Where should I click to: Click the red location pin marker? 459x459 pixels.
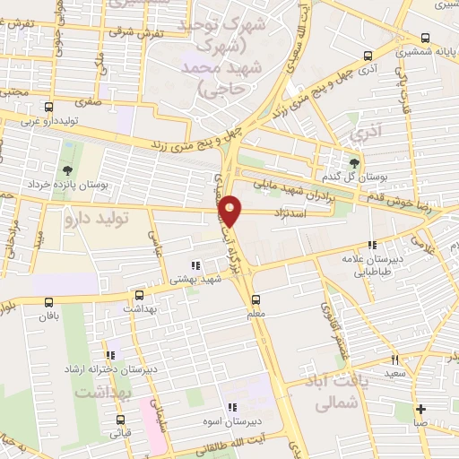[231, 210]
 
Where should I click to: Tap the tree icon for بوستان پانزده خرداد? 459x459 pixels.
[68, 171]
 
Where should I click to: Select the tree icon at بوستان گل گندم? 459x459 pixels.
[355, 162]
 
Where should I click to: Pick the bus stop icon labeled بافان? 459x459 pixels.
[48, 302]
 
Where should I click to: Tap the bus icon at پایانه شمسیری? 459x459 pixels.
[424, 39]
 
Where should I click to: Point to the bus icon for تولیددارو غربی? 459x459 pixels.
[48, 108]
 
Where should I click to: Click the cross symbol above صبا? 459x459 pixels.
[420, 411]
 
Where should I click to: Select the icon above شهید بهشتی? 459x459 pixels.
[195, 264]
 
